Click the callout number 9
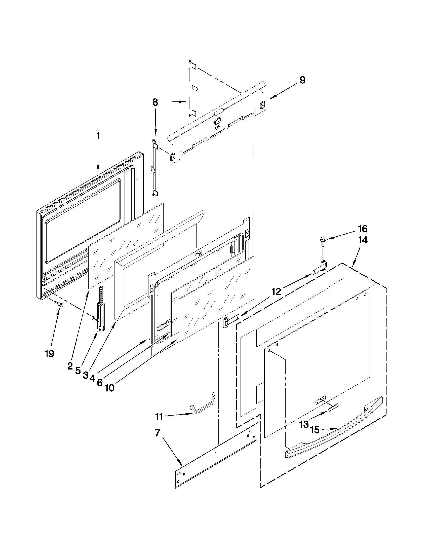[302, 80]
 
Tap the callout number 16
[363, 229]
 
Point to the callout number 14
[363, 240]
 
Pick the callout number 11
[160, 417]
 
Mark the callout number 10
[109, 388]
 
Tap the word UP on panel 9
[218, 128]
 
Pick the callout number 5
[78, 371]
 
